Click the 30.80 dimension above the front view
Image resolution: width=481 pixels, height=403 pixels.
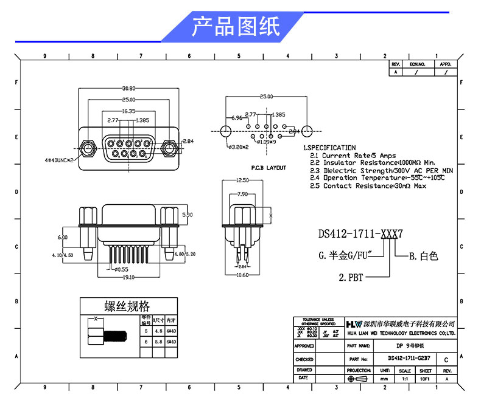128,88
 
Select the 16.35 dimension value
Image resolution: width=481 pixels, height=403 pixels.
128,111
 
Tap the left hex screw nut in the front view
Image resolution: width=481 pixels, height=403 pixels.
87,147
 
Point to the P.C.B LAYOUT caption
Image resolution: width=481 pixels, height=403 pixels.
268,167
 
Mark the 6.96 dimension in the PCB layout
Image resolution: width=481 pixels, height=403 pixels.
236,117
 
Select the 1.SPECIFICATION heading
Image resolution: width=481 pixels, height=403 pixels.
329,148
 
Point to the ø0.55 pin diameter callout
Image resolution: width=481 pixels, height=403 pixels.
122,269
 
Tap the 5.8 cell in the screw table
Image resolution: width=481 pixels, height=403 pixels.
158,342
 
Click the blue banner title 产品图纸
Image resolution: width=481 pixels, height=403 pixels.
236,26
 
